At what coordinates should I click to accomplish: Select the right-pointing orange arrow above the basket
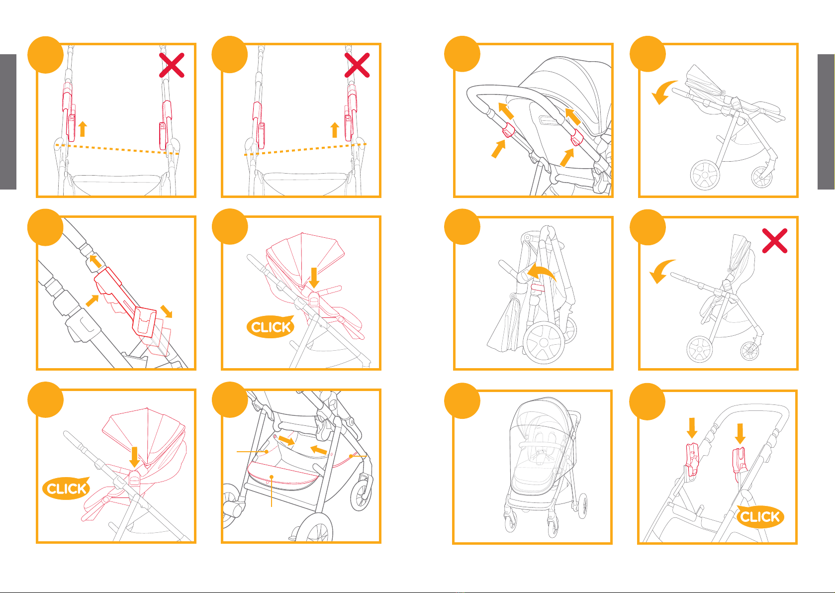[286, 440]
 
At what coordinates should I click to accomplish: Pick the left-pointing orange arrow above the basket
[319, 450]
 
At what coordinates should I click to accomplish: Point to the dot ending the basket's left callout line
[267, 452]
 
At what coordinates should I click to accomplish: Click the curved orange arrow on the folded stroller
[541, 271]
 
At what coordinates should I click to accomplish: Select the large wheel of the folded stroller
[544, 342]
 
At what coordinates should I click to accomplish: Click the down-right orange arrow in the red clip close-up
[166, 311]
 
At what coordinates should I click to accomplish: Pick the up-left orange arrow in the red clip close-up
[95, 261]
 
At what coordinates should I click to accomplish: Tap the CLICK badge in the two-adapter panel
[760, 516]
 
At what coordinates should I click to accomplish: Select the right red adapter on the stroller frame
[739, 464]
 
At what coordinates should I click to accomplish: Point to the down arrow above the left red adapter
[692, 428]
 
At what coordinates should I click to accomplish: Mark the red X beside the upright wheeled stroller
[775, 241]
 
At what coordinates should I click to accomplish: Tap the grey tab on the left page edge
[8, 122]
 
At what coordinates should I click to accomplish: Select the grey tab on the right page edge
[826, 122]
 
